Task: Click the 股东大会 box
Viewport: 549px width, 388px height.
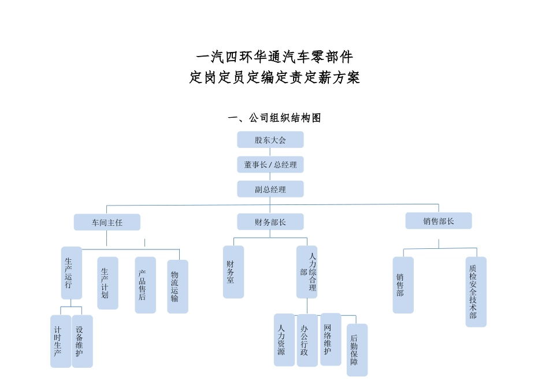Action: tap(270, 140)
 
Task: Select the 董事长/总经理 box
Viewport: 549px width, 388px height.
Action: tap(270, 165)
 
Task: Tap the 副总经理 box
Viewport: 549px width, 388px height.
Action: tap(270, 189)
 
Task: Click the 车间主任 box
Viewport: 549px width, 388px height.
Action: tap(107, 222)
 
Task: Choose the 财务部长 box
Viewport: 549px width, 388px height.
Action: tap(270, 222)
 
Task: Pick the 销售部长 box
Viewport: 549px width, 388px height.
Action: tap(438, 221)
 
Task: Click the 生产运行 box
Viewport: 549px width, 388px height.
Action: tap(71, 273)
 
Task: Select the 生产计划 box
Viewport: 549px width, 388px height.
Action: tap(107, 283)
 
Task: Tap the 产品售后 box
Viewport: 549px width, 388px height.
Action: tap(145, 285)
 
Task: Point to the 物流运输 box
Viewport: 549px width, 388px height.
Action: tap(177, 286)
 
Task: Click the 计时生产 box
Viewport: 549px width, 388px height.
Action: tap(60, 341)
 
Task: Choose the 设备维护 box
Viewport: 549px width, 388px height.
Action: tap(82, 341)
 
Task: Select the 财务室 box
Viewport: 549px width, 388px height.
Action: tap(233, 272)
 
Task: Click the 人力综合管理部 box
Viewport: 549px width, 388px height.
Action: tap(307, 272)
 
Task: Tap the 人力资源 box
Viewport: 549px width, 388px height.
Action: tap(284, 339)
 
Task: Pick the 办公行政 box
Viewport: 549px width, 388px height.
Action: tap(307, 339)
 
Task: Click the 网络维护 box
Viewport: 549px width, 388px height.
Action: tap(331, 339)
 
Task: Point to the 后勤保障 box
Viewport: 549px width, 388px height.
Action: tap(357, 350)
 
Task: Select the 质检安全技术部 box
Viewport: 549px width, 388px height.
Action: tap(476, 292)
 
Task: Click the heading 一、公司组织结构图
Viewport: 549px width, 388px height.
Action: tap(274, 118)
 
